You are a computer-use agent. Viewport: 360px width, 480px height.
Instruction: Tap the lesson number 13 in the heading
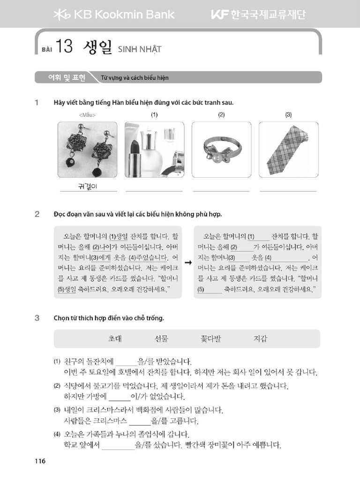point(64,46)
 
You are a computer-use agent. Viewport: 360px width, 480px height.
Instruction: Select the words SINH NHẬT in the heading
point(139,49)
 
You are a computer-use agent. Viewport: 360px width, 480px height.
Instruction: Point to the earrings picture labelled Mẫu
point(87,150)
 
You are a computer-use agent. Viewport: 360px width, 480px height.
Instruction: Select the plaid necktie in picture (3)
point(285,149)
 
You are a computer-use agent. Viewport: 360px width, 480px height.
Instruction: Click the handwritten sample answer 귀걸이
point(87,187)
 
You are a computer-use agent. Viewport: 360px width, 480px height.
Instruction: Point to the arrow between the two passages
point(188,263)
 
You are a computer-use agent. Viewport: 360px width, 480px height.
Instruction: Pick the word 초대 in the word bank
point(115,338)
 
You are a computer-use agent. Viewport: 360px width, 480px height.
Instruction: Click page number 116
point(40,461)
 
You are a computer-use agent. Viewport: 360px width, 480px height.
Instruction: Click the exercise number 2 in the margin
point(37,214)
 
